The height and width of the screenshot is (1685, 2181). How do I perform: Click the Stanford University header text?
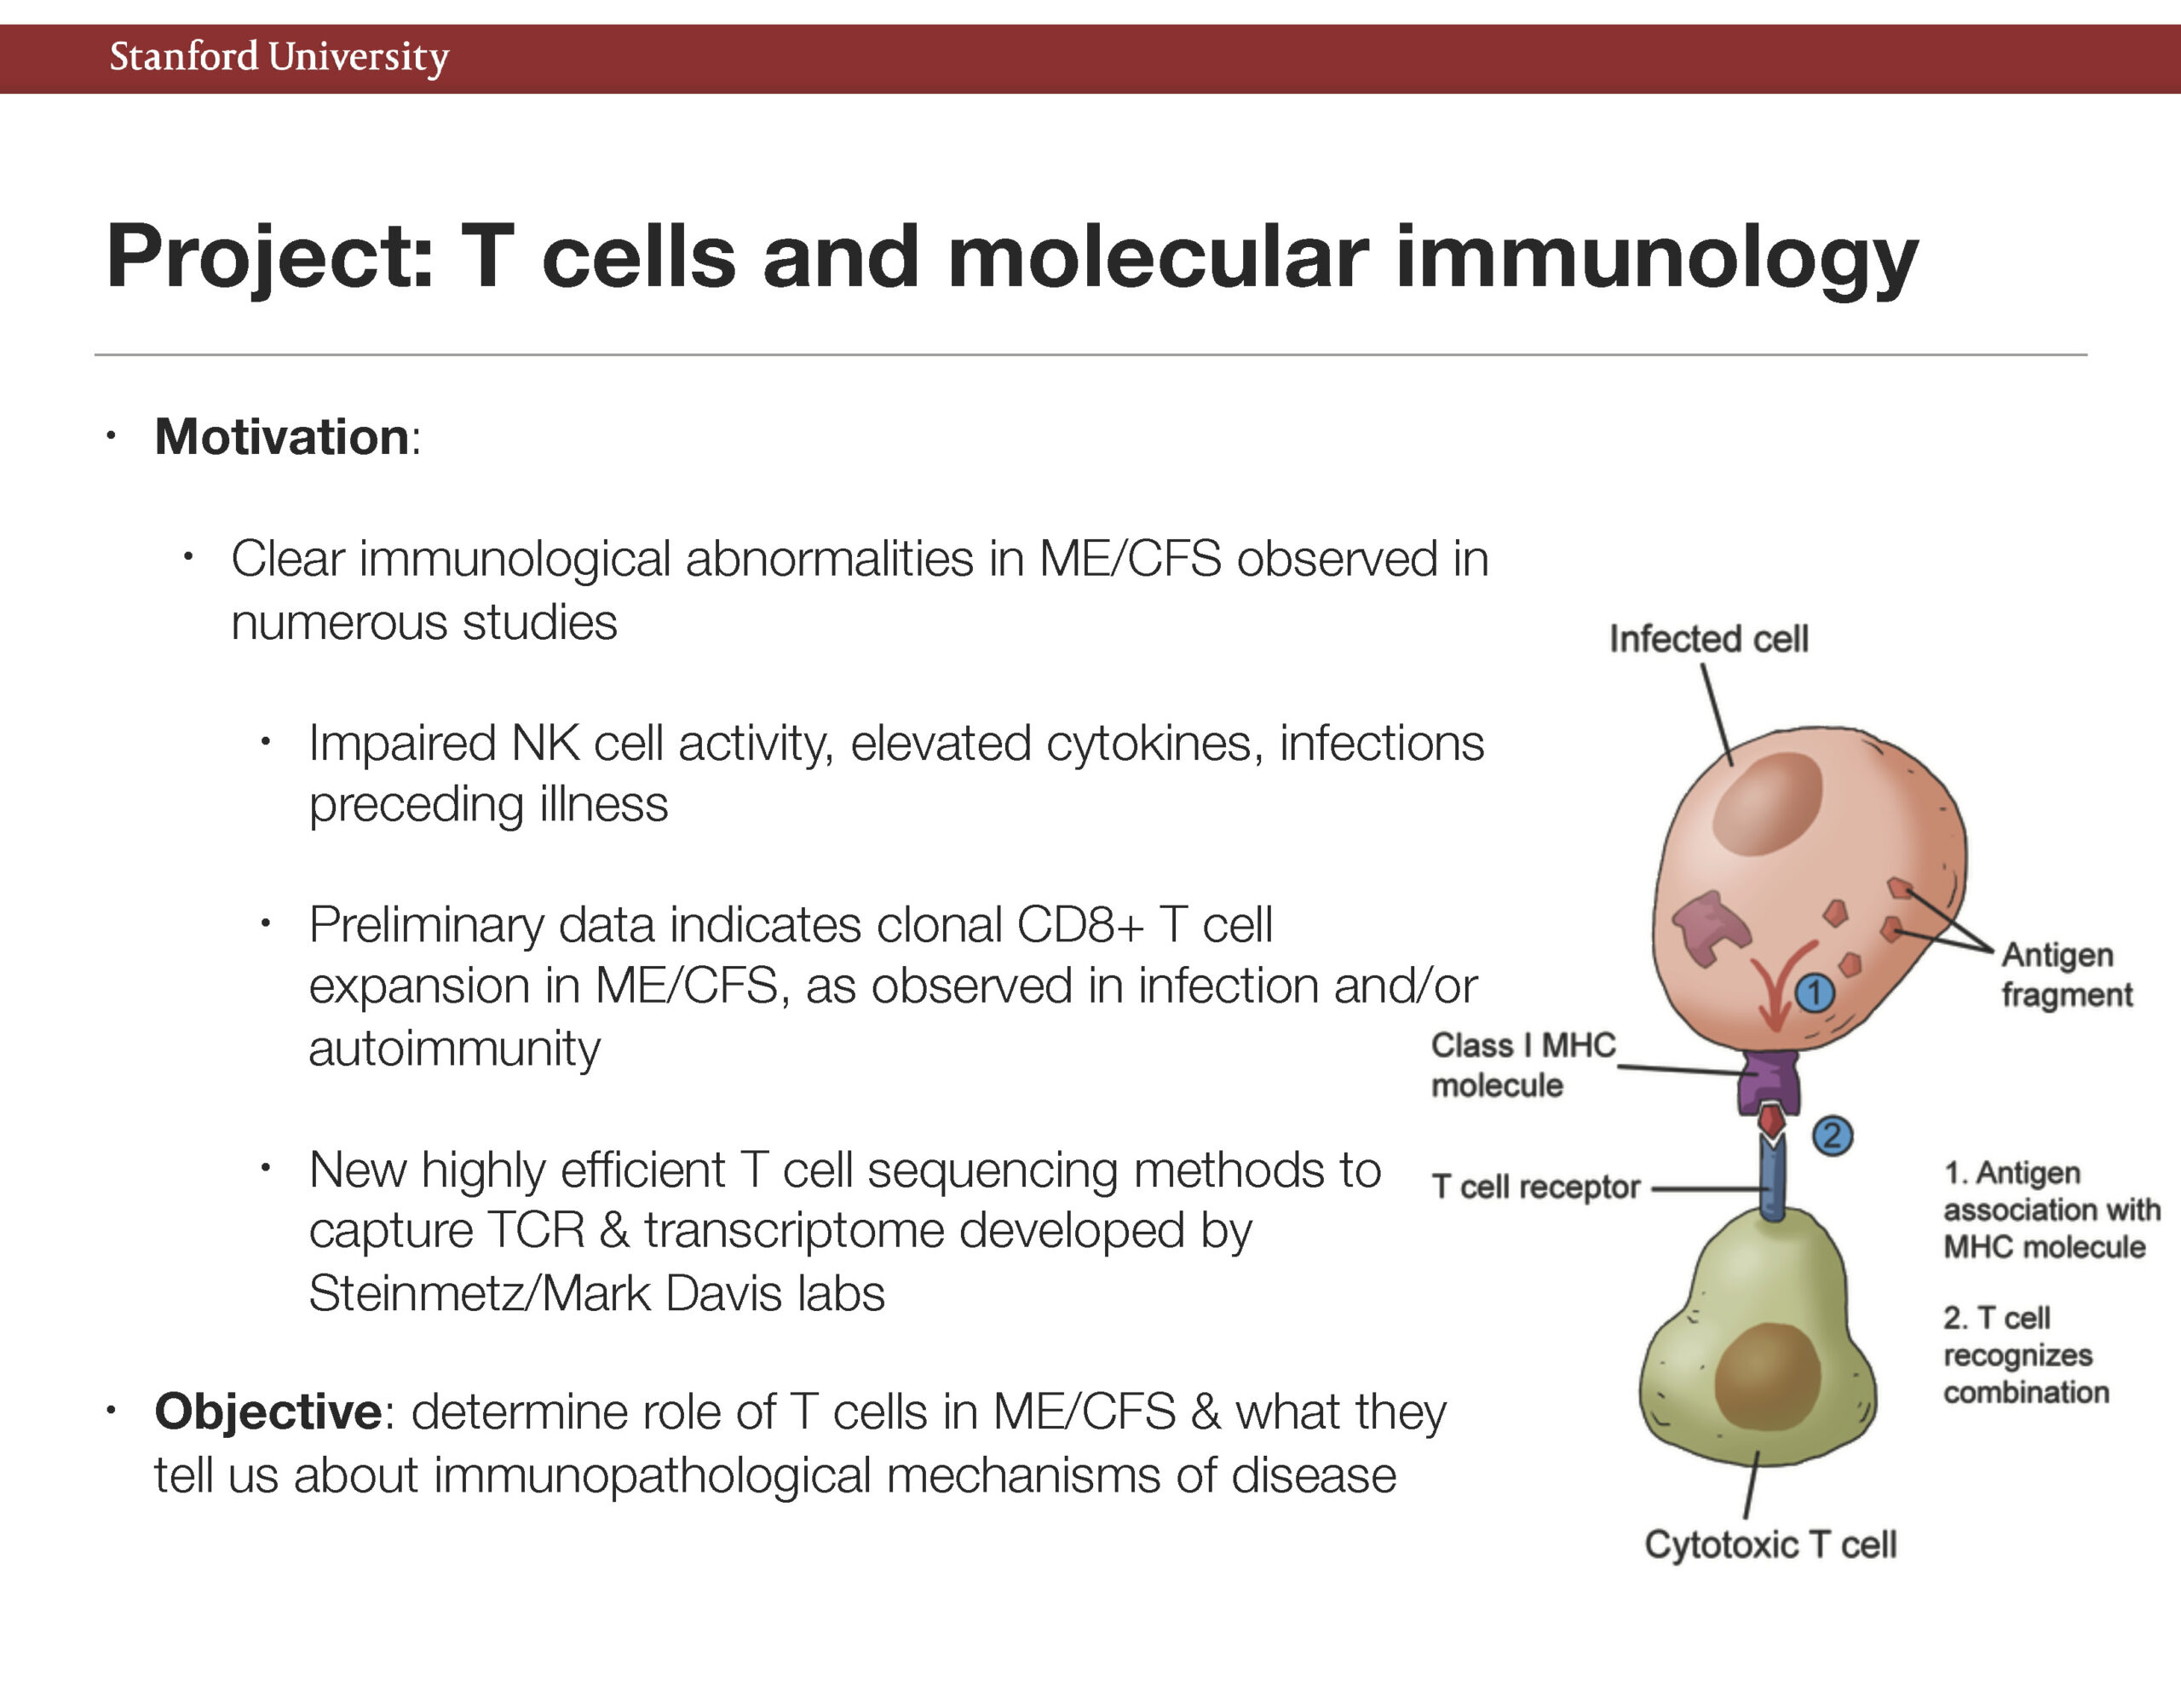coord(279,57)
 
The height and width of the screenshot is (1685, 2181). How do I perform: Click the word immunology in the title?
coord(1657,258)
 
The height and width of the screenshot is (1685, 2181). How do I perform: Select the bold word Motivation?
coord(282,436)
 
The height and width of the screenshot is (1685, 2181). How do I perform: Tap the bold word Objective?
coord(268,1412)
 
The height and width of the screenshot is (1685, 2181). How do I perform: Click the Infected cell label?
coord(1709,638)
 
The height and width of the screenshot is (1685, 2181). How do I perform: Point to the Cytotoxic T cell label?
coord(1770,1544)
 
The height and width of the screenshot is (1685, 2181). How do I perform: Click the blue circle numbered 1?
coord(1815,992)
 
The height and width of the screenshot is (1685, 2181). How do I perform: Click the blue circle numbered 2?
coord(1832,1136)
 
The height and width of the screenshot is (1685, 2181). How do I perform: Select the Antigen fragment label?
coord(2066,974)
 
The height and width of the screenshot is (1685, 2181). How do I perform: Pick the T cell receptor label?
coord(1535,1187)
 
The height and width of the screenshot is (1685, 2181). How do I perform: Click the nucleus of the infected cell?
coord(1768,804)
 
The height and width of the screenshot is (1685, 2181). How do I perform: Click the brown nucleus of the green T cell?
coord(1768,1377)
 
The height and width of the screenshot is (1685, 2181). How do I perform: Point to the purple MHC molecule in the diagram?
coord(1770,1081)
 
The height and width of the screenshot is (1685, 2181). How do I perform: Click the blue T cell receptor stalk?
coord(1773,1179)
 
